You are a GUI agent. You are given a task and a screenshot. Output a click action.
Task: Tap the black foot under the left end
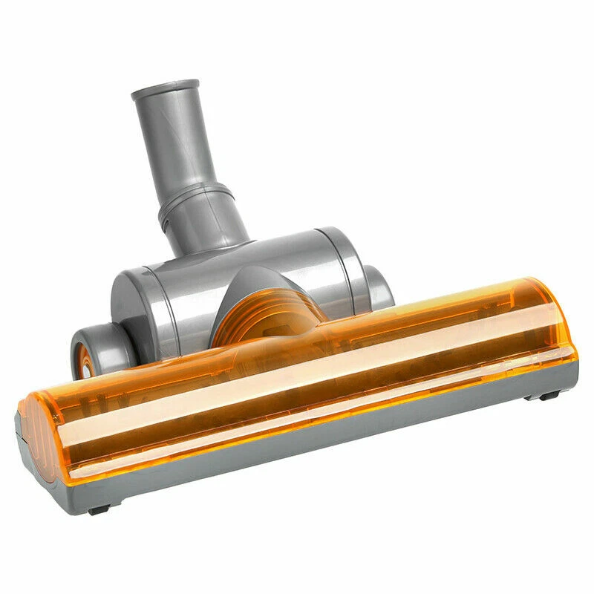[99, 509]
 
